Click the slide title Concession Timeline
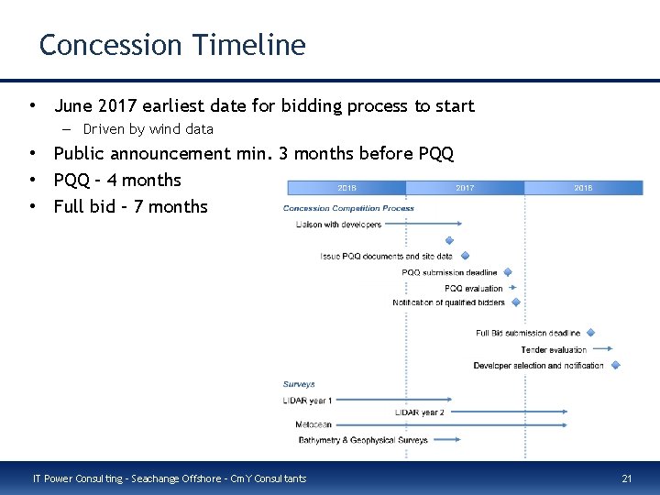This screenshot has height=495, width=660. click(172, 44)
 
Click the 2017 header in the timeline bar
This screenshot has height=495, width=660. click(465, 188)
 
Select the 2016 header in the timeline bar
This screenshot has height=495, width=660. click(346, 188)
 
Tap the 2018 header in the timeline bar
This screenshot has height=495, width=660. click(583, 188)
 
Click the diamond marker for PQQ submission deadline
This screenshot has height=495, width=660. click(508, 272)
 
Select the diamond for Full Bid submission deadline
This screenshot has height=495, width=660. click(590, 333)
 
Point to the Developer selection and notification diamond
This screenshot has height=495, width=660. click(615, 365)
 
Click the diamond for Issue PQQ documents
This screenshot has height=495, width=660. click(464, 256)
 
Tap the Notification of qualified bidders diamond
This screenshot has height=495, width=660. click(515, 302)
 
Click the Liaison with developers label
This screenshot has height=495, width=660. click(338, 224)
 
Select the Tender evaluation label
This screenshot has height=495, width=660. click(554, 349)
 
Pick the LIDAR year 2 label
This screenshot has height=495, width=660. click(419, 412)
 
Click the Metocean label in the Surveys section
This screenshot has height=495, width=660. click(313, 424)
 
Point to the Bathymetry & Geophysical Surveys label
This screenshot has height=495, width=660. click(363, 440)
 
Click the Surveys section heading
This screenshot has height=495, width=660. click(299, 384)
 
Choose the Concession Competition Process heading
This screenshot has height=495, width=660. click(348, 208)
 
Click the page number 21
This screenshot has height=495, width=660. click(627, 478)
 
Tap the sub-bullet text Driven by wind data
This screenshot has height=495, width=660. click(148, 129)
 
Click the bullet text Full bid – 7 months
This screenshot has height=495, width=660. click(130, 206)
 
